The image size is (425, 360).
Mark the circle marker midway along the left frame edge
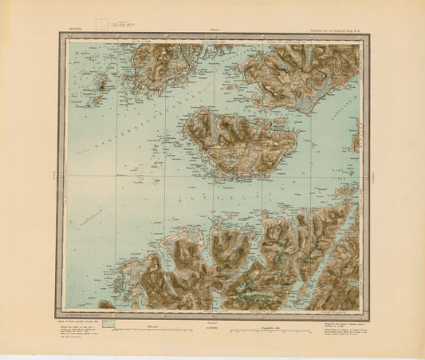coord(61,169)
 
